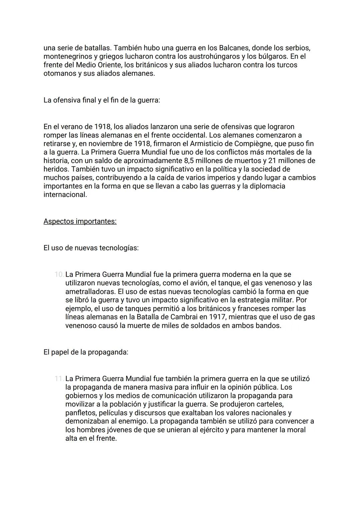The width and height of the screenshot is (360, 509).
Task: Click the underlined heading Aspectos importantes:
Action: [80, 221]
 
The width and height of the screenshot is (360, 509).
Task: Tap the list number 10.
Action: [59, 275]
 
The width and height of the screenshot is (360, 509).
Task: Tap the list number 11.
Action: [59, 379]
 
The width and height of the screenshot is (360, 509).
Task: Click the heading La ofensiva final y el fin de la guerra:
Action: [102, 100]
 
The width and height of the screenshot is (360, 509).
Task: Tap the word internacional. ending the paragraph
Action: [65, 195]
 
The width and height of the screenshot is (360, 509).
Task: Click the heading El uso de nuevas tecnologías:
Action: [91, 248]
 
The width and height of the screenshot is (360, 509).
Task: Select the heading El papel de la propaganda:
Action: [86, 352]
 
